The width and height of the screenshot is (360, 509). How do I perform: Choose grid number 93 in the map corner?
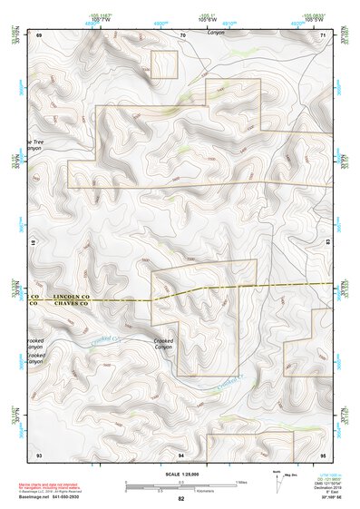click(x=39, y=453)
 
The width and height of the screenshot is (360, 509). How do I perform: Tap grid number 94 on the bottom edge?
click(x=181, y=453)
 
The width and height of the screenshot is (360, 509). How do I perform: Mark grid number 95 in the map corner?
click(x=323, y=453)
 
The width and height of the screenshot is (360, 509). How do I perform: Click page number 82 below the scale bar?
click(x=181, y=498)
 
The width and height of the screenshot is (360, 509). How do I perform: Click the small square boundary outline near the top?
click(x=163, y=64)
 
